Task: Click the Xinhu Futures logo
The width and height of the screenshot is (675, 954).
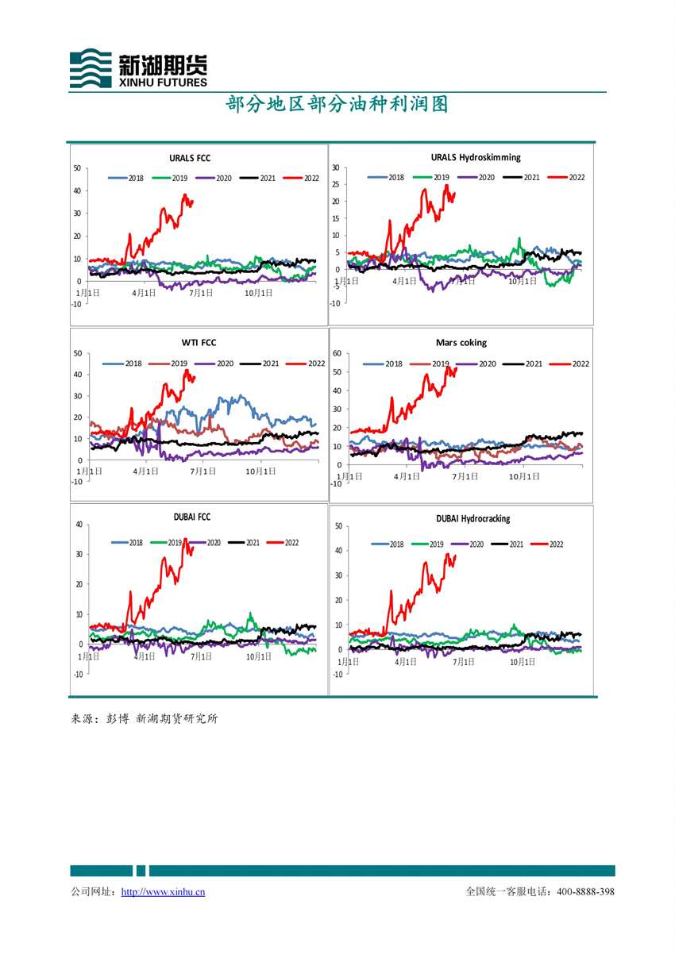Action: pyautogui.click(x=138, y=68)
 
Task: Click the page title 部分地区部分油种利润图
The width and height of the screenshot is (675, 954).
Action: pyautogui.click(x=337, y=105)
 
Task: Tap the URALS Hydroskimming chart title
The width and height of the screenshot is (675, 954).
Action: pyautogui.click(x=476, y=157)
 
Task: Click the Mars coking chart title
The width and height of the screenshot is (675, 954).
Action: pyautogui.click(x=461, y=343)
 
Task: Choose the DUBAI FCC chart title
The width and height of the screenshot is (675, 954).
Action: pyautogui.click(x=192, y=517)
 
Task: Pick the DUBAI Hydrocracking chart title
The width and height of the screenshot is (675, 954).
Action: pyautogui.click(x=472, y=518)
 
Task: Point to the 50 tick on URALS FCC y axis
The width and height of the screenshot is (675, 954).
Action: pyautogui.click(x=77, y=167)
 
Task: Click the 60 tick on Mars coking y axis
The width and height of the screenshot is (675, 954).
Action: pyautogui.click(x=337, y=353)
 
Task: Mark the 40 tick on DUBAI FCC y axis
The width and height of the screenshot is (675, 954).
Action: pyautogui.click(x=78, y=524)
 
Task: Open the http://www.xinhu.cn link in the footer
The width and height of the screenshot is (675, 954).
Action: pyautogui.click(x=163, y=892)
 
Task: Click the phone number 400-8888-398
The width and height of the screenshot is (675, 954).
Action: pyautogui.click(x=585, y=892)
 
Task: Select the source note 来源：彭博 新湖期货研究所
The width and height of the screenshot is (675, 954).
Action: pyautogui.click(x=145, y=719)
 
